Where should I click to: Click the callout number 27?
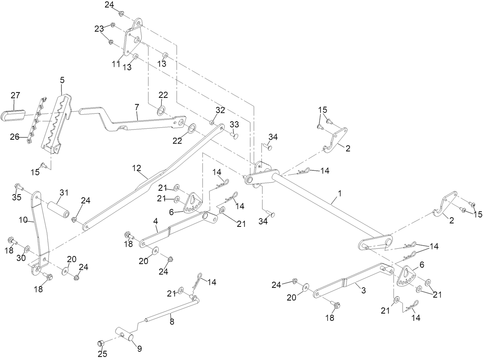(x=15, y=96)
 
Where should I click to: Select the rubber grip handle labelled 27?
(x=13, y=115)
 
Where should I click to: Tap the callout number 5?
(x=62, y=80)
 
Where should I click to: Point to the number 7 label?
(x=137, y=107)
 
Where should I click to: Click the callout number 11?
(x=116, y=64)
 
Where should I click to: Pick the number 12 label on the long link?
(x=136, y=168)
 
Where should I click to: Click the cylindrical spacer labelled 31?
(x=58, y=210)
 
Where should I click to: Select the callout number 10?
(x=23, y=220)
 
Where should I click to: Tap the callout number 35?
(x=17, y=197)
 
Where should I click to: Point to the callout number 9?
(x=139, y=348)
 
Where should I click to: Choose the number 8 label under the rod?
(x=172, y=322)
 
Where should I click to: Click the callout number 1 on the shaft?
(x=340, y=193)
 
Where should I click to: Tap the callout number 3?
(x=364, y=291)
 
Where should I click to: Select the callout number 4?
(x=155, y=221)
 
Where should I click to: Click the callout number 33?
(x=234, y=124)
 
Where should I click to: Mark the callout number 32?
(x=220, y=110)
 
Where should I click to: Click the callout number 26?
(x=15, y=137)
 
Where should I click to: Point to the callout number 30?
(x=21, y=258)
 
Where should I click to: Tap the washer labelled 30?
(x=27, y=249)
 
